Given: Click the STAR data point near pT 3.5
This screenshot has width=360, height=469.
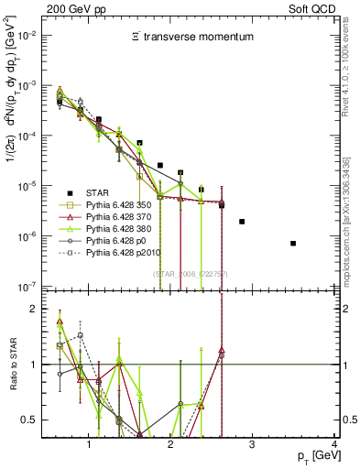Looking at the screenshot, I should (x=293, y=244).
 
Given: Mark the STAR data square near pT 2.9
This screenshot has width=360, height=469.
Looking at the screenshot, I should (x=242, y=222).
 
